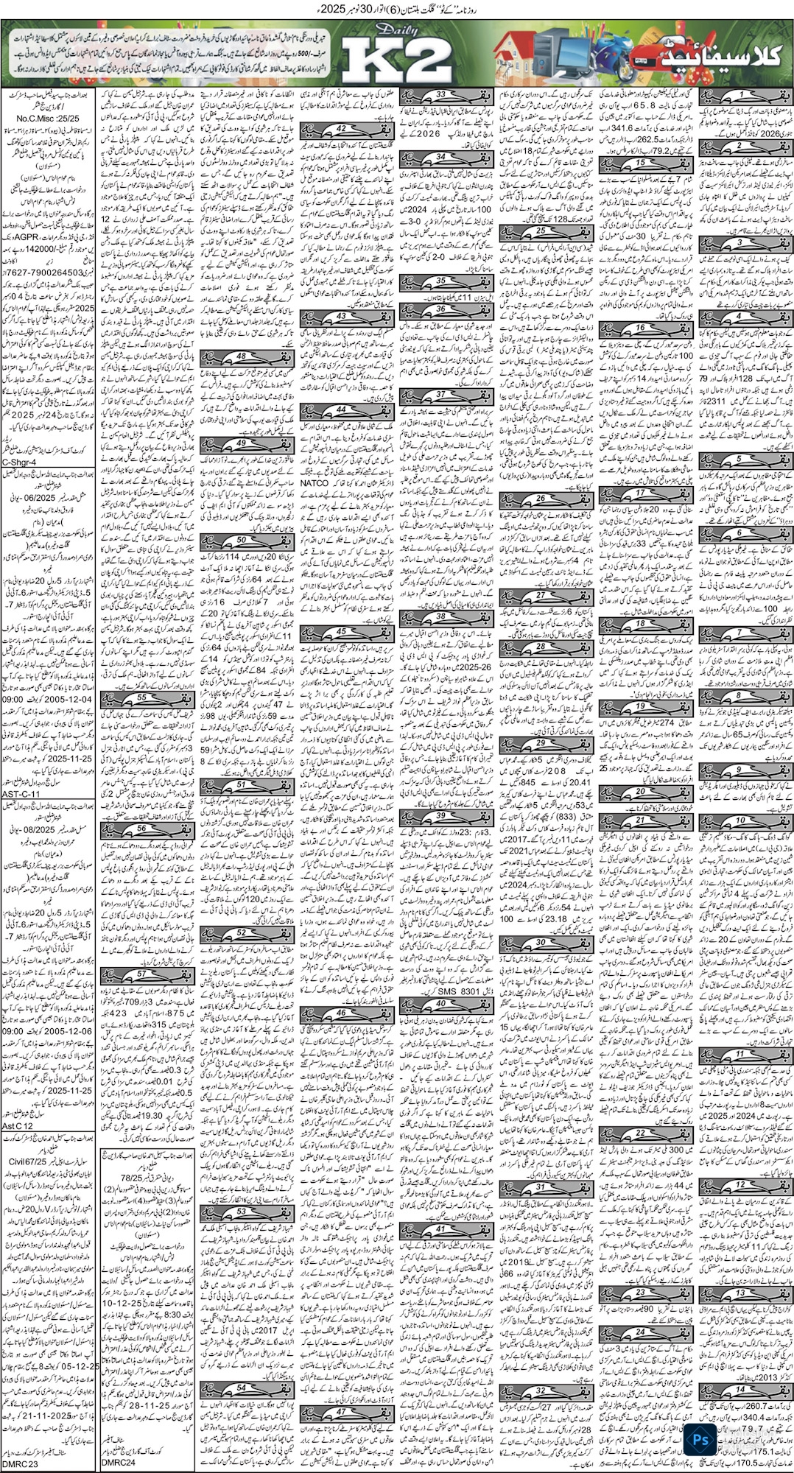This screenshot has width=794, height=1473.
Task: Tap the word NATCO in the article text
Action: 315,481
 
